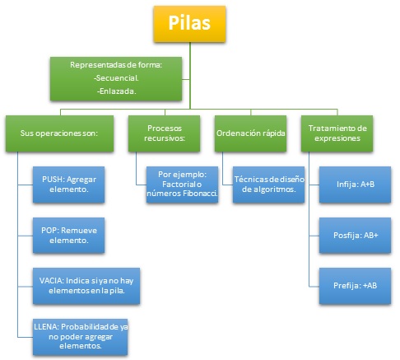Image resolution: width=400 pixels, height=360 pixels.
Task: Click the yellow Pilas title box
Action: click(x=188, y=26)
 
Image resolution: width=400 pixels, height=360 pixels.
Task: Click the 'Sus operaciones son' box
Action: click(x=53, y=132)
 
